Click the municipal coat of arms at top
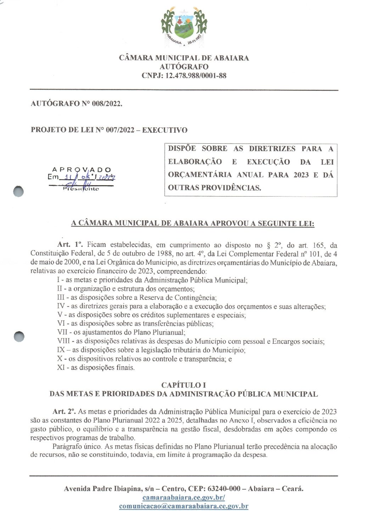pyautogui.click(x=184, y=26)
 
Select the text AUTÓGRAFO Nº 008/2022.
pyautogui.click(x=77, y=104)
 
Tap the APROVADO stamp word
pyautogui.click(x=82, y=170)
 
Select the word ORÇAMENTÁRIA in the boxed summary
pyautogui.click(x=193, y=175)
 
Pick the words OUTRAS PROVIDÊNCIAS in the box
pyautogui.click(x=214, y=188)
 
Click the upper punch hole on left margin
pyautogui.click(x=18, y=192)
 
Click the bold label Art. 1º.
pyautogui.click(x=70, y=245)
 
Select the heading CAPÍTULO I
pyautogui.click(x=184, y=385)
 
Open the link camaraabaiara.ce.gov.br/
pyautogui.click(x=184, y=497)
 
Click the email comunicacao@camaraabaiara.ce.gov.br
pyautogui.click(x=184, y=506)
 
